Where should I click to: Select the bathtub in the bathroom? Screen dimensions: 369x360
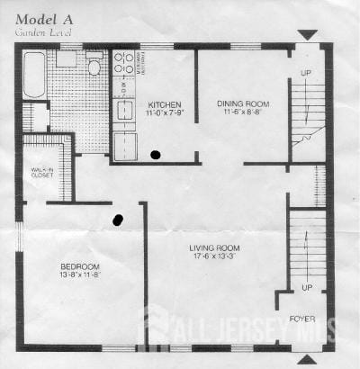coord(34,75)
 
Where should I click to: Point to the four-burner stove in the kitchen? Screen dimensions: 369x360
coord(123,63)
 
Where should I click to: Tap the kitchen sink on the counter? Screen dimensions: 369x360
coord(124,110)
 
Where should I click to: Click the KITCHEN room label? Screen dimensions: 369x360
coord(165,103)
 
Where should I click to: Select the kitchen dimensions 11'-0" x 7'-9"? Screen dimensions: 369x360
coord(165,113)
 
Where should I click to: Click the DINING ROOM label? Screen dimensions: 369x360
coord(242,103)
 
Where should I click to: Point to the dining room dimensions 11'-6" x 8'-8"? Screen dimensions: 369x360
coord(242,113)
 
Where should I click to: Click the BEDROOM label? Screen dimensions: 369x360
coord(80,267)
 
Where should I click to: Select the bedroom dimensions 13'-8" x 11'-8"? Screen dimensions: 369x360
coord(80,277)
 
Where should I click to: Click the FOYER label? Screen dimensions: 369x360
coord(301,319)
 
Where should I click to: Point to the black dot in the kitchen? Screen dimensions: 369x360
coord(156,155)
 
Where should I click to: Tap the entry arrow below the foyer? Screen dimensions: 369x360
coord(308,359)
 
